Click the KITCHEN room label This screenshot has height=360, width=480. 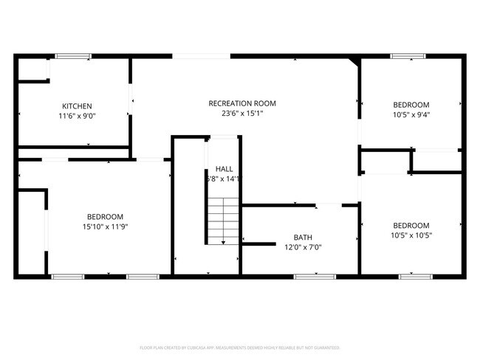pyautogui.click(x=77, y=105)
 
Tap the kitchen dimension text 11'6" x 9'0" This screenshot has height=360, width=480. pyautogui.click(x=77, y=116)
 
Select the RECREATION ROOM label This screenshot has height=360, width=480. pyautogui.click(x=242, y=103)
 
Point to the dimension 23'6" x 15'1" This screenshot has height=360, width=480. pyautogui.click(x=242, y=114)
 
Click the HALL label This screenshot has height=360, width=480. pyautogui.click(x=224, y=169)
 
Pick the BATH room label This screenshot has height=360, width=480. pyautogui.click(x=303, y=237)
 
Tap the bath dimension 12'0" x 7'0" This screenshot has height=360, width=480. pyautogui.click(x=303, y=247)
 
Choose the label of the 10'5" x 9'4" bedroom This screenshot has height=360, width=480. pyautogui.click(x=411, y=105)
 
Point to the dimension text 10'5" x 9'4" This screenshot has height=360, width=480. pyautogui.click(x=411, y=115)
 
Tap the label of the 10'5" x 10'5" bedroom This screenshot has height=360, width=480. pyautogui.click(x=411, y=225)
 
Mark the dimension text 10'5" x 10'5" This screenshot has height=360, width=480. pyautogui.click(x=411, y=235)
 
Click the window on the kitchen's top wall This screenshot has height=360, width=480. pyautogui.click(x=73, y=55)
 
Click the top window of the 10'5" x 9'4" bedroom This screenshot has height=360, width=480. pyautogui.click(x=408, y=55)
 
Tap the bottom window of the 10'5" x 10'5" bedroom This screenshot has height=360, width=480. pyautogui.click(x=415, y=277)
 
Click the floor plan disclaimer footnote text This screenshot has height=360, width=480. pyautogui.click(x=240, y=347)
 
